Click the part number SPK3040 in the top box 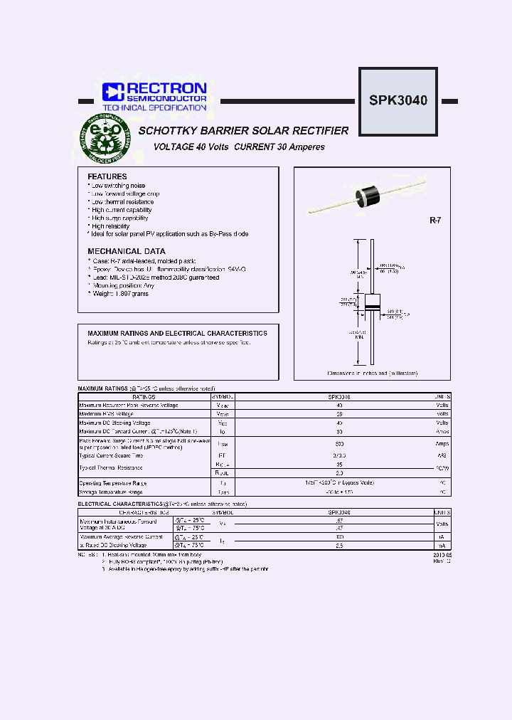point(398,100)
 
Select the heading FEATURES point(107,176)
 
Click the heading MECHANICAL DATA point(127,251)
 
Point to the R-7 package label point(435,221)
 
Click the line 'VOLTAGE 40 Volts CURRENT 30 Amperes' point(239,147)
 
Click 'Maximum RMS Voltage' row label point(106,414)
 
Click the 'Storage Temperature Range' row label point(112,492)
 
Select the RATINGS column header point(144,396)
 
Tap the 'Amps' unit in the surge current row point(442,443)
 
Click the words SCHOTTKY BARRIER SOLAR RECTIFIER point(243,131)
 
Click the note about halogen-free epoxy point(185,569)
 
